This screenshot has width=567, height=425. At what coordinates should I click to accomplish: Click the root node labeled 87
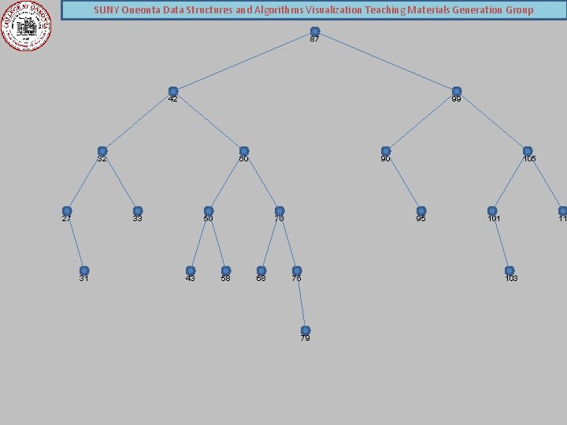315,31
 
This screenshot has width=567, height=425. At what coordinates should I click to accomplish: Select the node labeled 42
173,91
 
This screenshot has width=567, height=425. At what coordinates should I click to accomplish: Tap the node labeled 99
457,91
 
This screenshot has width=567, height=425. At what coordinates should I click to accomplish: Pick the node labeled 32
102,151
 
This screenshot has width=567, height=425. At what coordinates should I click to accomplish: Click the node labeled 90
386,151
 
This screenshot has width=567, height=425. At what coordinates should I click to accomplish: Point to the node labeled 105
528,151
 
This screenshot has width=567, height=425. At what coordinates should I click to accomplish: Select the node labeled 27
67,211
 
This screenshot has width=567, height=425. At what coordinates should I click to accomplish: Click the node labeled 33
138,211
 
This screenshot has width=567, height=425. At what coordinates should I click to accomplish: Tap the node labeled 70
280,211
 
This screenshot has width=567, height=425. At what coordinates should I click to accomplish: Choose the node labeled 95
421,211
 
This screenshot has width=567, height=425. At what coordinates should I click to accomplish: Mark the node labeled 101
492,211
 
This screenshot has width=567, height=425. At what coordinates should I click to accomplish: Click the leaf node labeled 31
84,271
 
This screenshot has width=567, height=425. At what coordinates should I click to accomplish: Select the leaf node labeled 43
191,271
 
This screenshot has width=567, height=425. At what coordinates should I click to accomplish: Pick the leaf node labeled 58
226,271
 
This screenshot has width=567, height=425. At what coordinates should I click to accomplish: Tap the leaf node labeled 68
261,271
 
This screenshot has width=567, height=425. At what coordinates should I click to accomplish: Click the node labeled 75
297,271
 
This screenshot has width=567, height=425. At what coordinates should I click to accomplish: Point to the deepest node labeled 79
306,331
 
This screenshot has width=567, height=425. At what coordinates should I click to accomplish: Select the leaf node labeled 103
510,271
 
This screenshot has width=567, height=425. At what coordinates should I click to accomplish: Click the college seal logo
28,26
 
